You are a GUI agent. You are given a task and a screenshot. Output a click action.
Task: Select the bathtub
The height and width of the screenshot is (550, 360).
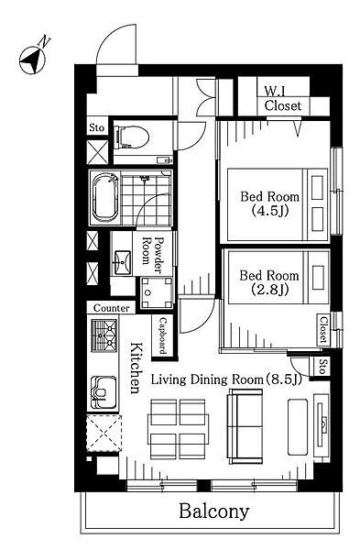(104, 197)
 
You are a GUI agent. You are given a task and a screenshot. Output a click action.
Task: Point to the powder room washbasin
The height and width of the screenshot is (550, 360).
(123, 262)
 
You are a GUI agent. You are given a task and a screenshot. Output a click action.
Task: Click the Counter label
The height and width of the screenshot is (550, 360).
(111, 308)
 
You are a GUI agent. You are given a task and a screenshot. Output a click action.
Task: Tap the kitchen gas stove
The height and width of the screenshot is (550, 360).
(104, 335)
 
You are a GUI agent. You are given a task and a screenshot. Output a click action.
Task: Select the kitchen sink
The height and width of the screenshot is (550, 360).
(104, 392)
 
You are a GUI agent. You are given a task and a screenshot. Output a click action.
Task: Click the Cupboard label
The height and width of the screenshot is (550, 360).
(163, 336)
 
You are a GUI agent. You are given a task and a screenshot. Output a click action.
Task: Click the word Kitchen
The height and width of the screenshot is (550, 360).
(136, 368)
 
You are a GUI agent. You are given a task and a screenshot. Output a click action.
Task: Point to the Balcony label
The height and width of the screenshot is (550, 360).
(214, 511)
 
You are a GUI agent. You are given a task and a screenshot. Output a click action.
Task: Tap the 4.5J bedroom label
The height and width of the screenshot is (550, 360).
(269, 203)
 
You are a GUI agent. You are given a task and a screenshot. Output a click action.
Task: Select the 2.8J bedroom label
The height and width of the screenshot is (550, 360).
(269, 282)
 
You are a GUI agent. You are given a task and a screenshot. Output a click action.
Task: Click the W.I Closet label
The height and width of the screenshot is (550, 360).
(282, 99)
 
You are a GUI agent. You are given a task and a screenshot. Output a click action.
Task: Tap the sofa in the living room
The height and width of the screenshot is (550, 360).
(245, 426)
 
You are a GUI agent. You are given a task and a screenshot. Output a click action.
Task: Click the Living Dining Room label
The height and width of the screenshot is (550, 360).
(226, 379)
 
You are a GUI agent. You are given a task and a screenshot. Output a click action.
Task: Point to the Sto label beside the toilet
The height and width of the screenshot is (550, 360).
(97, 127)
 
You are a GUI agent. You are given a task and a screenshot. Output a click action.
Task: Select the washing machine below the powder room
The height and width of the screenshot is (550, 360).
(157, 293)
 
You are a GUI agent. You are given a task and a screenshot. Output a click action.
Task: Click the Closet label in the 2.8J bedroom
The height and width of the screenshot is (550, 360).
(323, 330)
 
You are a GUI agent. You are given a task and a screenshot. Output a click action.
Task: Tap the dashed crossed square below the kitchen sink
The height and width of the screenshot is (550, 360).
(104, 434)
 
